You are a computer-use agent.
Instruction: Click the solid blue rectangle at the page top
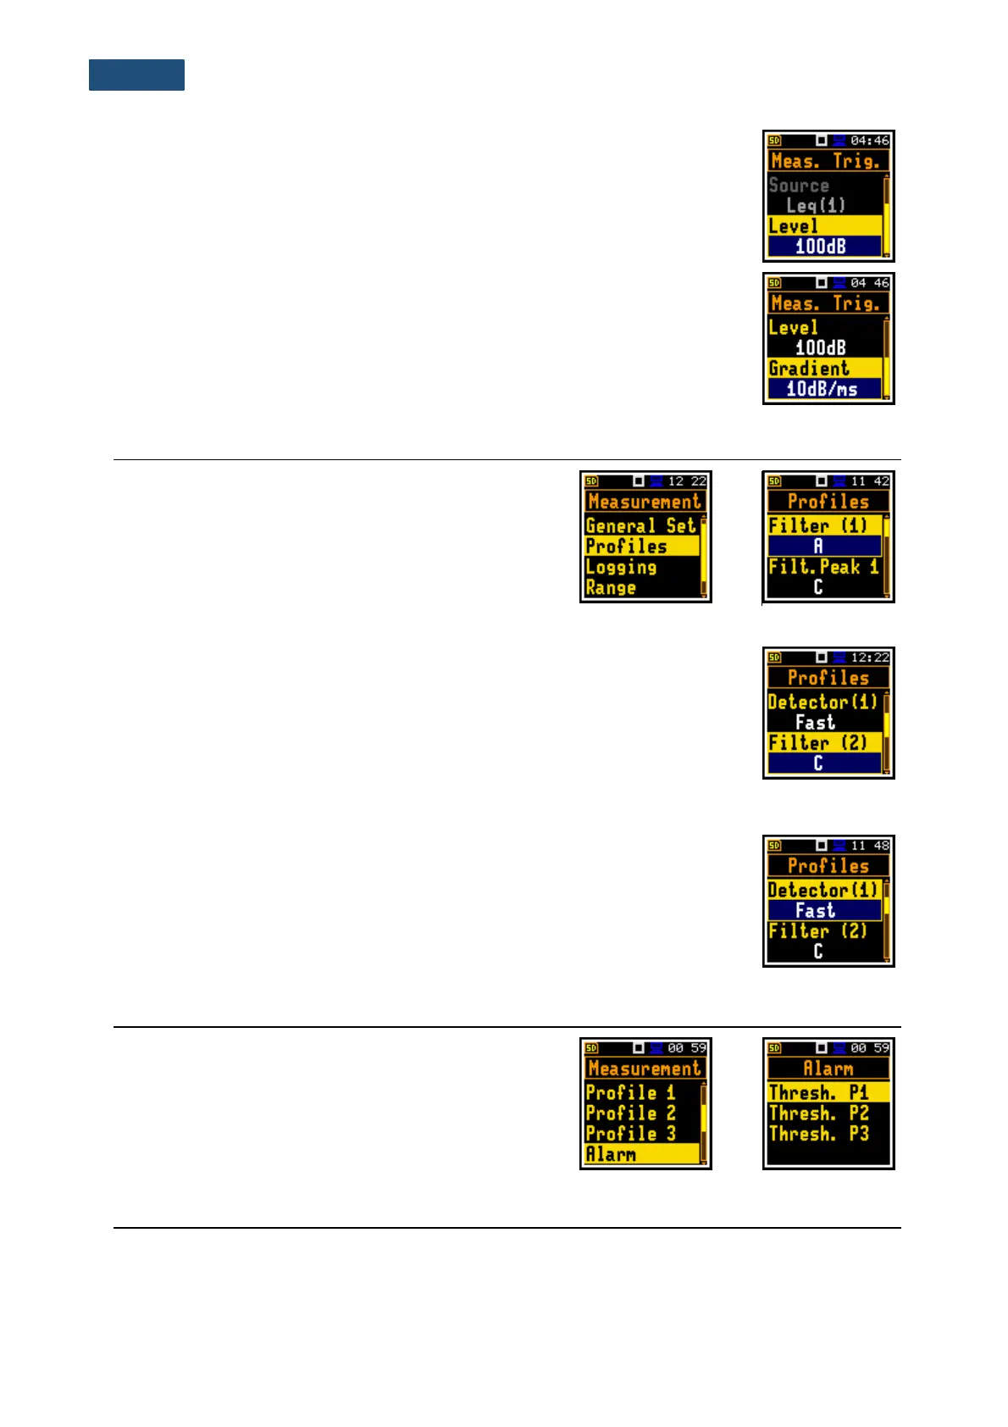136,75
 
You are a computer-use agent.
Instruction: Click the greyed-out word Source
799,185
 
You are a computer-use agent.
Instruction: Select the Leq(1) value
815,205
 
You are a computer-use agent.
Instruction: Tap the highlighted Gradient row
809,369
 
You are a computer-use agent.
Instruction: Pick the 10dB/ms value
822,389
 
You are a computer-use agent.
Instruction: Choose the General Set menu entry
640,525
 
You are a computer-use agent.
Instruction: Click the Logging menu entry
621,567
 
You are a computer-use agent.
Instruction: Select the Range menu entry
611,587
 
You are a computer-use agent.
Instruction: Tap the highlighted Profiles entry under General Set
627,547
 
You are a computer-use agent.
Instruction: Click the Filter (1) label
818,525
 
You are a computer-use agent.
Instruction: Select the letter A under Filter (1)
818,547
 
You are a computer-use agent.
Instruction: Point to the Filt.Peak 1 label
823,567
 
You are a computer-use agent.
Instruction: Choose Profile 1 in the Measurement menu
630,1092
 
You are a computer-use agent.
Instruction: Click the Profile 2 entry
630,1113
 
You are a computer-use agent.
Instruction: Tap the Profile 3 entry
630,1133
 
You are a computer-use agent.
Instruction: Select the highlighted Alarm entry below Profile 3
611,1154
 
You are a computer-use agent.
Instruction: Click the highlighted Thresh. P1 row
818,1092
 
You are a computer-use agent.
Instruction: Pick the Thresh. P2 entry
818,1113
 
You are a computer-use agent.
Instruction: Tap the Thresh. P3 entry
818,1134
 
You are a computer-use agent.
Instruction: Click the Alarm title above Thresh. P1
828,1069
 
